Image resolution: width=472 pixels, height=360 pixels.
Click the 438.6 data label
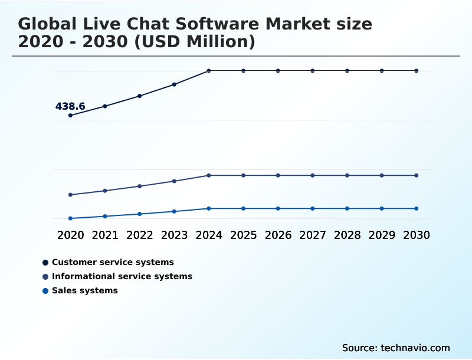(x=70, y=106)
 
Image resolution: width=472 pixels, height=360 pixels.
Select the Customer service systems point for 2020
(x=70, y=115)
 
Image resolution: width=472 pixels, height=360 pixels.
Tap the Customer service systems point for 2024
(x=209, y=71)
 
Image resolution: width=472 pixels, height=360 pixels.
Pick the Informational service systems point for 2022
(x=140, y=186)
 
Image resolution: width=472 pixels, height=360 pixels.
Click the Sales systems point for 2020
(x=70, y=218)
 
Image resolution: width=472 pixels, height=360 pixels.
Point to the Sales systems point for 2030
(x=417, y=208)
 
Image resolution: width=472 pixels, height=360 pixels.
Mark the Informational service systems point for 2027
(x=313, y=175)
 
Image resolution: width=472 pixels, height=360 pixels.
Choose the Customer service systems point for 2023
(x=174, y=84)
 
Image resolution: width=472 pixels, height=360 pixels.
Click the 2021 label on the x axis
(x=105, y=235)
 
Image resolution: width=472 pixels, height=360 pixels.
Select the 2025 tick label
(x=243, y=235)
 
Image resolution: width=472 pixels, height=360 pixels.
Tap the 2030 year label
(x=417, y=235)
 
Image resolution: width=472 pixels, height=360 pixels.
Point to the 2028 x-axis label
(x=347, y=235)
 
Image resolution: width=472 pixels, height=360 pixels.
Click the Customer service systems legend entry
(x=113, y=262)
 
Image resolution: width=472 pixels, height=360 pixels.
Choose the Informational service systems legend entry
(x=122, y=276)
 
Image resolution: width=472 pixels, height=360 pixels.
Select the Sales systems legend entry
(x=84, y=290)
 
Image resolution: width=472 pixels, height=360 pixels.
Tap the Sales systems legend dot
(x=45, y=290)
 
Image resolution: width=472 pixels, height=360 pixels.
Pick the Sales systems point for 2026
(x=278, y=208)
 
